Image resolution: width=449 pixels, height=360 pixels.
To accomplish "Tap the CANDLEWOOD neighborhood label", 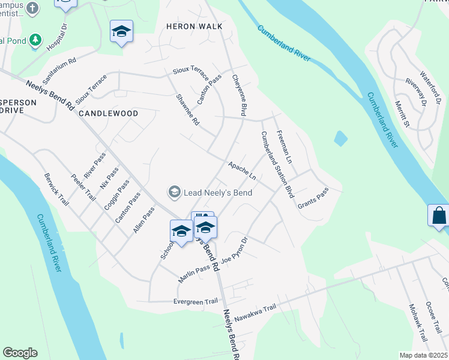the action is tap(108, 113).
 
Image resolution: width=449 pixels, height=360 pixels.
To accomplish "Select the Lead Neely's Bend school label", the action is tap(210, 193).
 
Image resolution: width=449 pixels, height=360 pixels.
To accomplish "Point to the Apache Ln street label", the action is tap(242, 170).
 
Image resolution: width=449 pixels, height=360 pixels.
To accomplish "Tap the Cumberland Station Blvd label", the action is tap(277, 165).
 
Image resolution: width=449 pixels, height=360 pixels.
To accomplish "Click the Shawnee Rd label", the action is tap(187, 109).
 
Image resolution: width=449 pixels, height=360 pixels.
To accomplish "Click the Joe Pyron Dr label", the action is tap(234, 252).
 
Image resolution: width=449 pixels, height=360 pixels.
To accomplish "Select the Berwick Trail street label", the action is tap(57, 189).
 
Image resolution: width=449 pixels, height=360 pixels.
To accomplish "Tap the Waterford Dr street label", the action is tap(430, 87).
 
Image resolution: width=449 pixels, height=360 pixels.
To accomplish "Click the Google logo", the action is tap(20, 353).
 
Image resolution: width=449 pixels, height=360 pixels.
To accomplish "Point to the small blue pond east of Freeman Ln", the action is tap(340, 139).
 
